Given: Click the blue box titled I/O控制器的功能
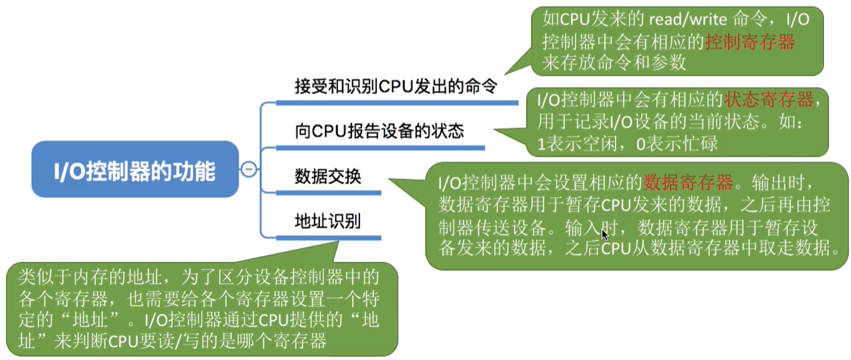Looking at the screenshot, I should point(135,170).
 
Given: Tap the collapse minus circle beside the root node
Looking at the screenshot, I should point(249,170).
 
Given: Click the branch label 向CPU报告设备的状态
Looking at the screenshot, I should point(379,131).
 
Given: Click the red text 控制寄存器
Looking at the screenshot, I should point(750,42).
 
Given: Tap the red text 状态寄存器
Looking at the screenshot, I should point(769,99).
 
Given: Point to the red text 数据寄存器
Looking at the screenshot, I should point(688,183).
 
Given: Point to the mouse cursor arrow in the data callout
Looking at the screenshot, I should point(604,235).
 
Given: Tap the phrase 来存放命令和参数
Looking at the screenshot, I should point(614,63).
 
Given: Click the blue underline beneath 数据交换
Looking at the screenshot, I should point(328,193).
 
